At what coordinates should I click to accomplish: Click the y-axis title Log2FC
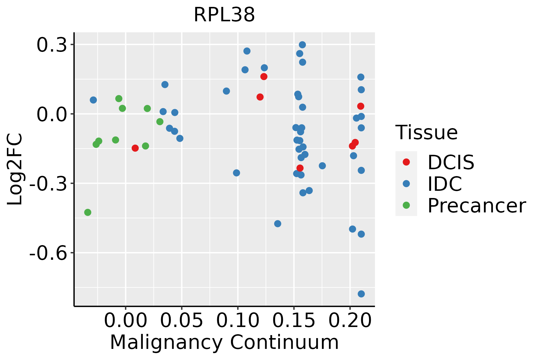click(15, 169)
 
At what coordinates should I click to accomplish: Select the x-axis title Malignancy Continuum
click(224, 342)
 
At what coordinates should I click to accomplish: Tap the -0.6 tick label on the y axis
click(48, 253)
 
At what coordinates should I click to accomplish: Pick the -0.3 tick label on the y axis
click(48, 184)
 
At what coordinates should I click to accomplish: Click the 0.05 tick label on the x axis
click(181, 321)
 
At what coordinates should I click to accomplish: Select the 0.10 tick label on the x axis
click(238, 321)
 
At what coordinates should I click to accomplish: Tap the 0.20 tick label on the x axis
click(350, 321)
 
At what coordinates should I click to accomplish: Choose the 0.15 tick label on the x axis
click(294, 321)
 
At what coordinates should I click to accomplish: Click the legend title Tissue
click(426, 132)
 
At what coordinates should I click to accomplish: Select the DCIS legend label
click(451, 162)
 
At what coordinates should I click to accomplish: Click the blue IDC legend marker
click(406, 184)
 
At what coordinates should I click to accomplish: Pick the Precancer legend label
click(476, 205)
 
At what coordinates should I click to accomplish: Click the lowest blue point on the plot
click(361, 294)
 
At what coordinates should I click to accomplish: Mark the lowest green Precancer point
click(88, 212)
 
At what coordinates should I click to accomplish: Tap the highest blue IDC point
click(302, 45)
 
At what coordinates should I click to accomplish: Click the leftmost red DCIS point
click(135, 148)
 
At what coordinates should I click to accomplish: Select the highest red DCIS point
click(264, 76)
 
